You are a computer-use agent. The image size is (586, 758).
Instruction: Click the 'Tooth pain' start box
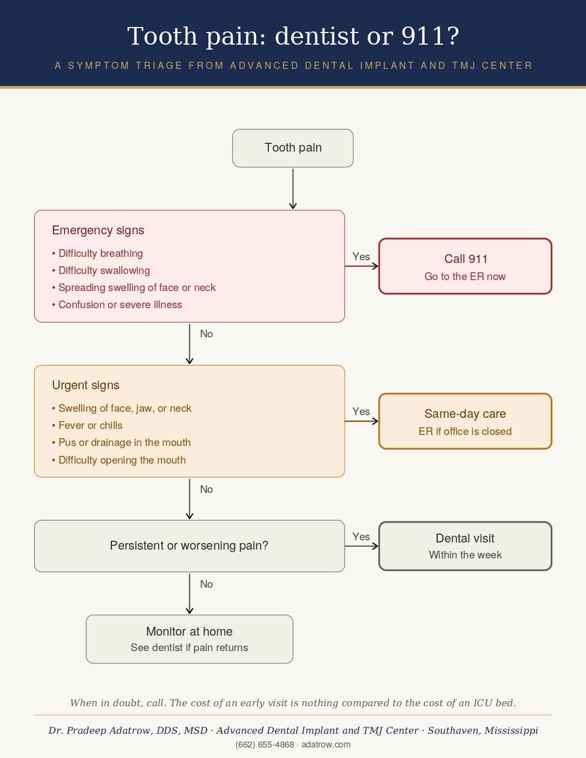(x=293, y=148)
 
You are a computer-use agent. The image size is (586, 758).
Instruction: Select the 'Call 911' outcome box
(x=465, y=266)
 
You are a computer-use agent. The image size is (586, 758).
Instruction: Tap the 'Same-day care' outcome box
(x=465, y=421)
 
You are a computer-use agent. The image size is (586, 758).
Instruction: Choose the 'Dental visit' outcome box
(x=465, y=546)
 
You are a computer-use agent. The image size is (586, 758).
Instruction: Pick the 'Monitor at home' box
(x=190, y=639)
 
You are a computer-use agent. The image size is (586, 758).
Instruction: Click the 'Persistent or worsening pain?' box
(x=190, y=546)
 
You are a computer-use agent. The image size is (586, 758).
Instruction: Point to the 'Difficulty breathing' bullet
(x=98, y=253)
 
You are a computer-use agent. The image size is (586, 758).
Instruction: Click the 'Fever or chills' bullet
(x=87, y=426)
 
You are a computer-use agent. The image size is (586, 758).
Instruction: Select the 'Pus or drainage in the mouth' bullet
(x=121, y=443)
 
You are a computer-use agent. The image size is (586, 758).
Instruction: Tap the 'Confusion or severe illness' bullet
(x=117, y=304)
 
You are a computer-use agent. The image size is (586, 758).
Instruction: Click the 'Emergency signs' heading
(x=98, y=230)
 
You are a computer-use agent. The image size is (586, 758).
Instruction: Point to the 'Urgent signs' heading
(x=86, y=385)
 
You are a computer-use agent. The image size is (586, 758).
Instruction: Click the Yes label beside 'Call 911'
(x=361, y=257)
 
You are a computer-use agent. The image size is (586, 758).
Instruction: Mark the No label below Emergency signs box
(x=207, y=334)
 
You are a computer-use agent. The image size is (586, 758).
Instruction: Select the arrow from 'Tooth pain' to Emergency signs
(x=293, y=189)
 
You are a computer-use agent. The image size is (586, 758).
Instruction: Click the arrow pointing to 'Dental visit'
(x=362, y=546)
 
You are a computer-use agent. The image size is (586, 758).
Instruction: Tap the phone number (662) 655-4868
(x=265, y=744)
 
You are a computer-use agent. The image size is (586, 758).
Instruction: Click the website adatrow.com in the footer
(x=326, y=744)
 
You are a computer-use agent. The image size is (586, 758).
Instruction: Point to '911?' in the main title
(x=430, y=36)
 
